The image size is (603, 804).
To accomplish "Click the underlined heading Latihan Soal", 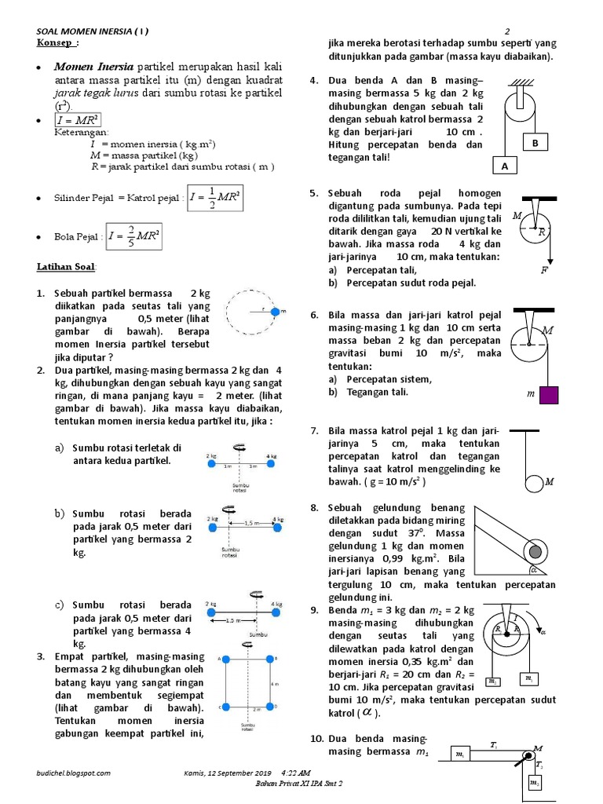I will pyautogui.click(x=66, y=268).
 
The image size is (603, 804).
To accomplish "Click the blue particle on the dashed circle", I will pyautogui.click(x=274, y=312).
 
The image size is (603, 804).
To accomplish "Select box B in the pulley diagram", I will pyautogui.click(x=535, y=144).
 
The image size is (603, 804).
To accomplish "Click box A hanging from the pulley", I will pyautogui.click(x=505, y=166).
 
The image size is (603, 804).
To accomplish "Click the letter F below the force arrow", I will pyautogui.click(x=543, y=271).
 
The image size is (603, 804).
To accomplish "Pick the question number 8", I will pyautogui.click(x=314, y=508).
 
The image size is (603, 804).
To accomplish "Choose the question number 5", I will pyautogui.click(x=314, y=193).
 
